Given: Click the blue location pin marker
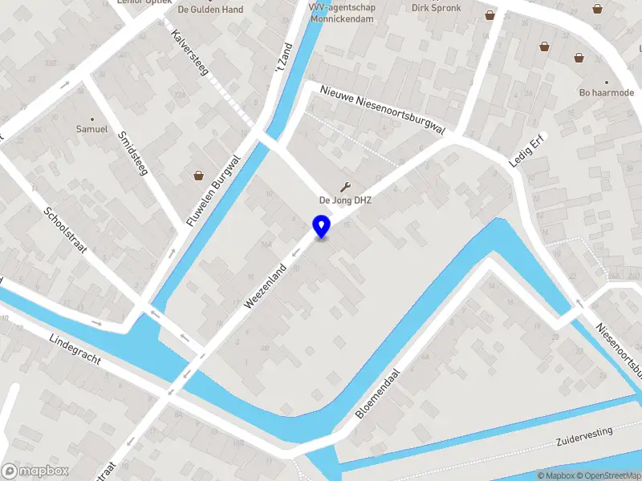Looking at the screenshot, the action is click(322, 226).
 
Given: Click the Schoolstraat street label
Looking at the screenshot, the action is click(65, 230).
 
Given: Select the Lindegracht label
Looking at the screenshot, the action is click(75, 349).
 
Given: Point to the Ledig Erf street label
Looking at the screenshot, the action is click(527, 150).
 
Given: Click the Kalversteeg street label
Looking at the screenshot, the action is click(190, 53).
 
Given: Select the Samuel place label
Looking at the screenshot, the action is click(91, 128).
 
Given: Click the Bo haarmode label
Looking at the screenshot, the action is click(607, 92).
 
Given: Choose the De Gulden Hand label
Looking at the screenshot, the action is click(209, 10).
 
